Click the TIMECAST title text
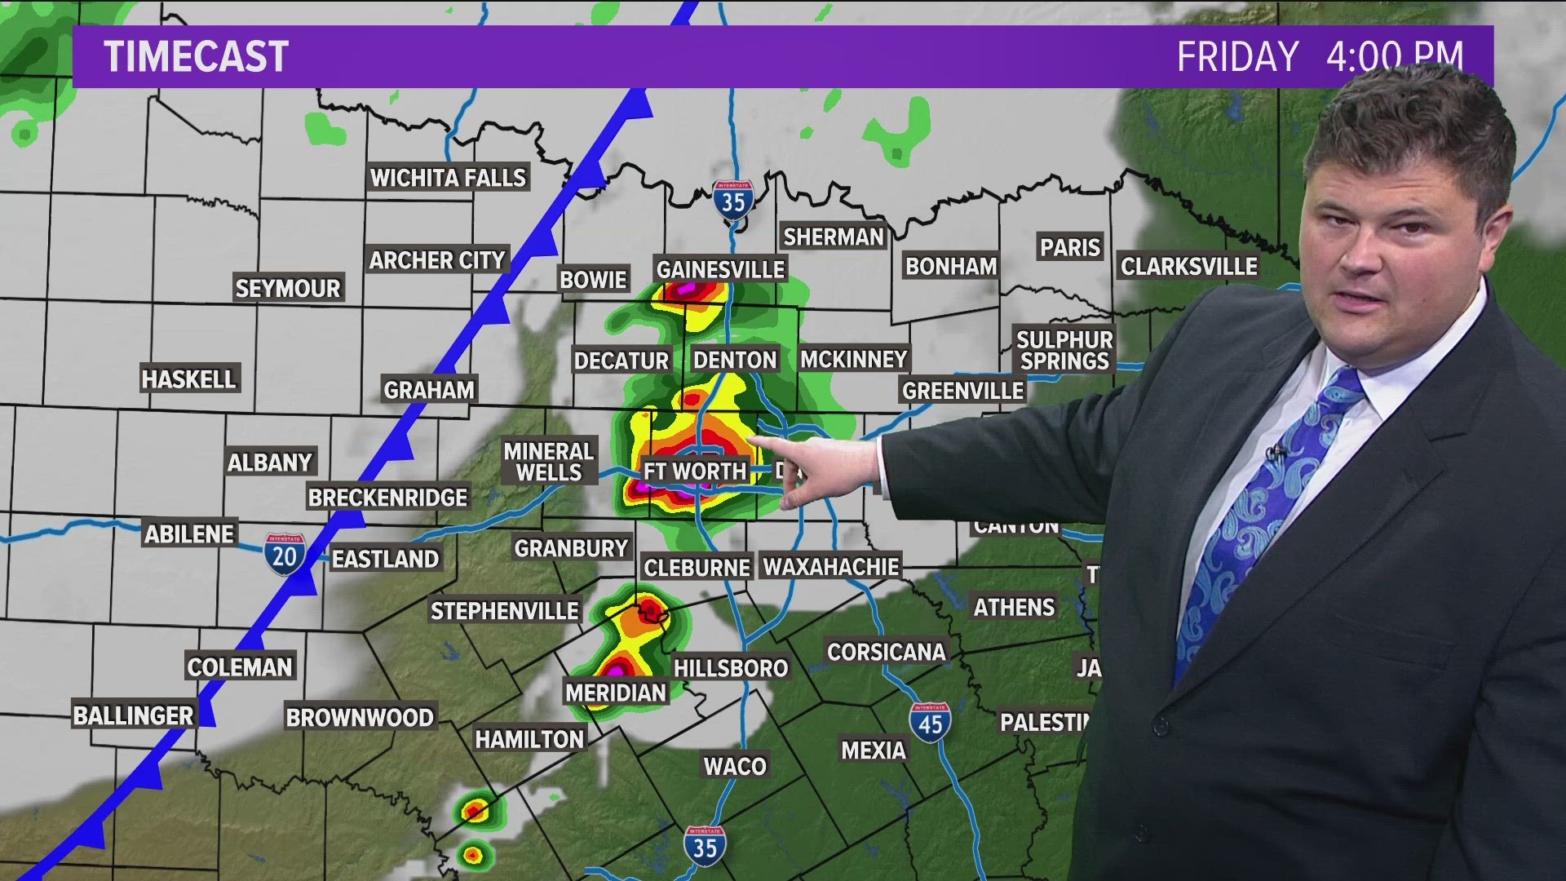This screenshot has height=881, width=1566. (x=197, y=57)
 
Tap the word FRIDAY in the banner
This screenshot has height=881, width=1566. (x=1237, y=57)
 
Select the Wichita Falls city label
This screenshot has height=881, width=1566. (x=448, y=178)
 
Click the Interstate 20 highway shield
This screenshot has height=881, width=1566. (x=284, y=555)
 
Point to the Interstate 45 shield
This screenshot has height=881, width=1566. (x=930, y=722)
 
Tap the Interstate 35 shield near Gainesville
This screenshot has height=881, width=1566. (x=732, y=199)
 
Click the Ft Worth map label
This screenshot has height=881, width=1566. (x=695, y=471)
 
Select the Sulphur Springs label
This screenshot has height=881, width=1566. (x=1064, y=350)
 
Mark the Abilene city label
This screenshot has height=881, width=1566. (x=189, y=534)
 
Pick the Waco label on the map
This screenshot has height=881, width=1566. (x=735, y=766)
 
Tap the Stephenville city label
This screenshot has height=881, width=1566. (x=504, y=611)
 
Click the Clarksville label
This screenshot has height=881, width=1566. (x=1188, y=267)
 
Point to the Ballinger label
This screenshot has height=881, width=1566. (x=133, y=716)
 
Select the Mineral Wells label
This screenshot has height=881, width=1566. (x=548, y=462)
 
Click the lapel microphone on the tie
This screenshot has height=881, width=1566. (x=1275, y=454)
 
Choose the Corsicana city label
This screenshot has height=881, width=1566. (x=886, y=652)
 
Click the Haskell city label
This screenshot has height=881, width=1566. (x=188, y=379)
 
